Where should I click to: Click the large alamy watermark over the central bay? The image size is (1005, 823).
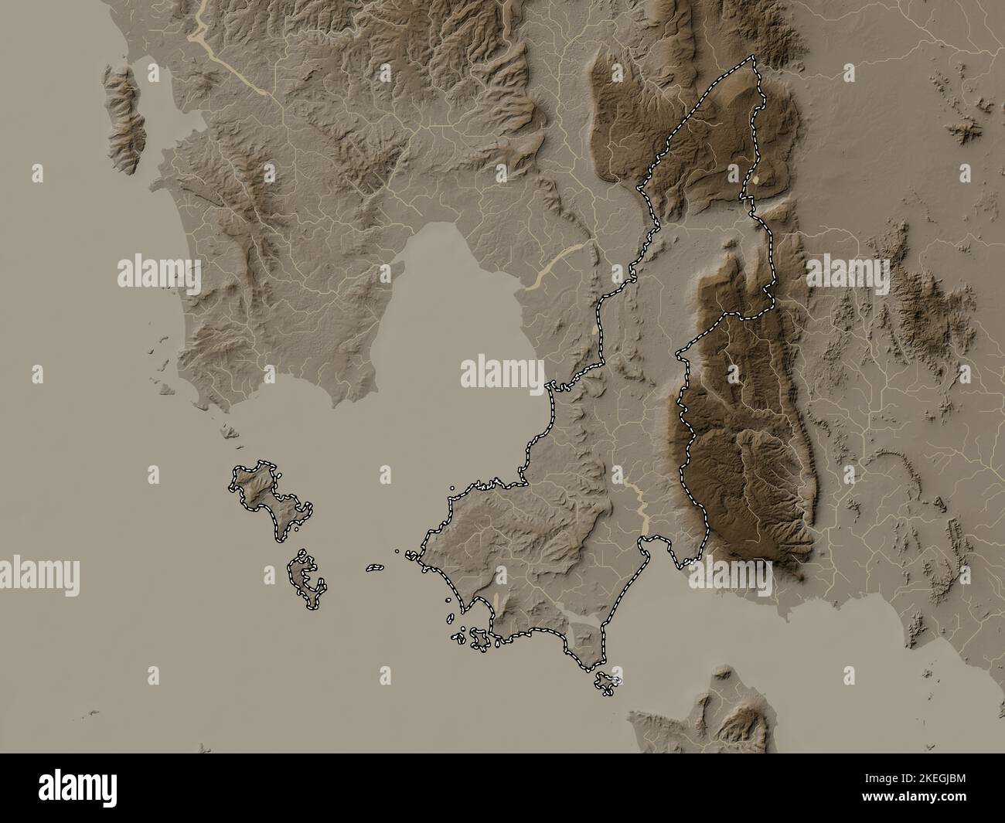click(x=502, y=372)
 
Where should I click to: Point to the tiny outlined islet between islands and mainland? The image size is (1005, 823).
click(x=375, y=567)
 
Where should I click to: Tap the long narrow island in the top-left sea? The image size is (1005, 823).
click(x=125, y=120)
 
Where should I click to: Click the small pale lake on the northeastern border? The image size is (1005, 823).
click(x=764, y=180)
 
